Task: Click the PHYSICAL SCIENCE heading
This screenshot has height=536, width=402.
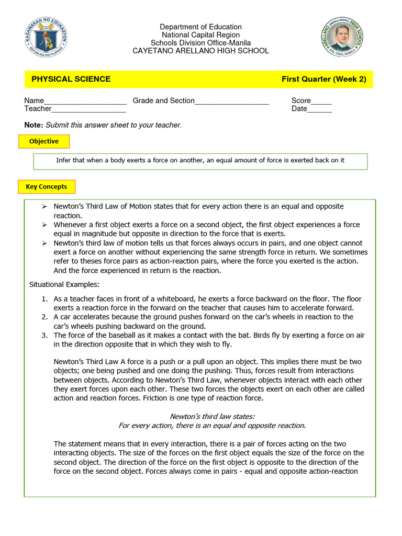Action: pos(71,79)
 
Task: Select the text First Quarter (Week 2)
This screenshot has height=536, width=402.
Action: pos(323,79)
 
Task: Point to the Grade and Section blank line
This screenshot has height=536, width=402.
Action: pos(232,102)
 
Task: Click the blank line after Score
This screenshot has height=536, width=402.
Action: pos(321,102)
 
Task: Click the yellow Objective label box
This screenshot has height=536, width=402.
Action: pos(44,141)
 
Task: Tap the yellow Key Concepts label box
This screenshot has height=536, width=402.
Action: pos(47,186)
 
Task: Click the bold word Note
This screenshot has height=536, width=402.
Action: pos(33,125)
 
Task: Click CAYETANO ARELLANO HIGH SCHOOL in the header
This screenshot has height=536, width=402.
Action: pos(200,51)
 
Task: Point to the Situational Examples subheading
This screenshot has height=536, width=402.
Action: pos(64,285)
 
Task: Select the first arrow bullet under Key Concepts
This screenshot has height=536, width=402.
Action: pos(44,207)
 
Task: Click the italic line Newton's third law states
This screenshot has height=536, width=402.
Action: pos(212,416)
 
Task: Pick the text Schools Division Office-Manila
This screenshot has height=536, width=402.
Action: pos(200,43)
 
